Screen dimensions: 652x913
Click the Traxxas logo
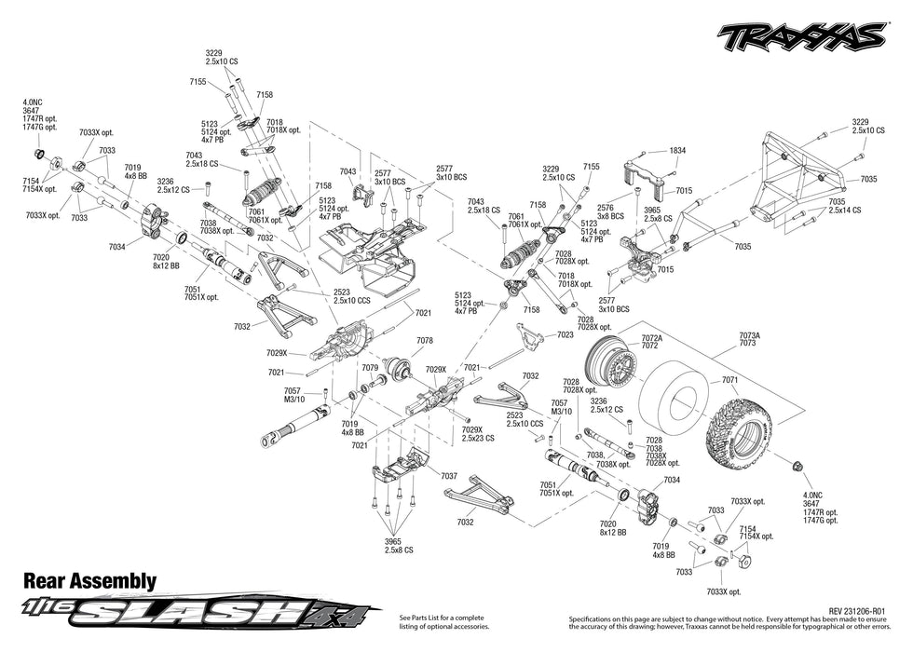[800, 36]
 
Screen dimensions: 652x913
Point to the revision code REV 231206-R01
[854, 611]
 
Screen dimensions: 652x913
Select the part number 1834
[677, 150]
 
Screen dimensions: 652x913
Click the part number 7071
[729, 380]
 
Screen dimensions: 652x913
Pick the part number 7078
[425, 341]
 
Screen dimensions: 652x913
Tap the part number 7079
[370, 368]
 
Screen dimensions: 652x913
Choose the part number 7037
[449, 476]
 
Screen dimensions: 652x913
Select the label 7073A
[749, 335]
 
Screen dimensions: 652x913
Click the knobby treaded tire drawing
[746, 434]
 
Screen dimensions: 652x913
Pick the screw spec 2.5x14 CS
[846, 211]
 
